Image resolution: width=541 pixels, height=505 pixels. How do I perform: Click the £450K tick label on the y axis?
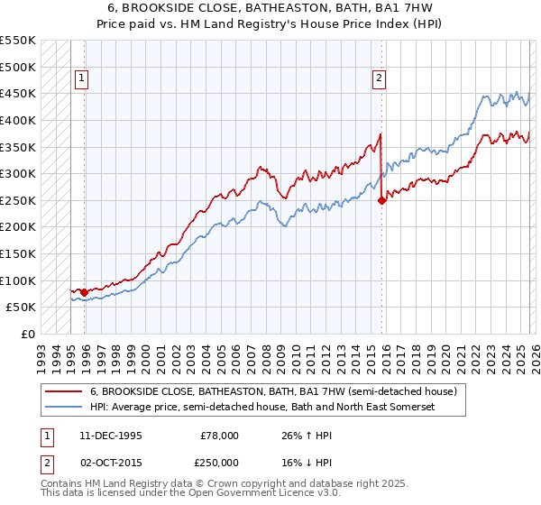(18, 93)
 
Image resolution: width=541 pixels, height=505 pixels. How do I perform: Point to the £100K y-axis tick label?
(18, 280)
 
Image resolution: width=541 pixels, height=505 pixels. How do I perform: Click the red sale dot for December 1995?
(84, 292)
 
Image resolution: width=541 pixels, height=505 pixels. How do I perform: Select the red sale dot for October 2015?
(381, 200)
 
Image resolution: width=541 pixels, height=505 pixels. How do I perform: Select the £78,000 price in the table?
(219, 435)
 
